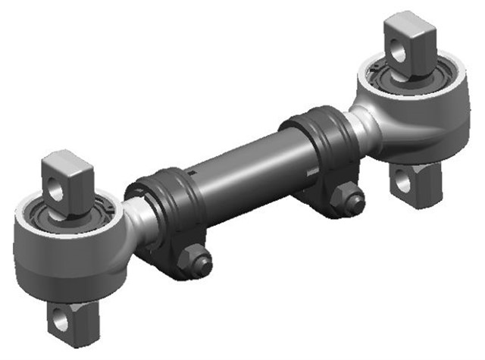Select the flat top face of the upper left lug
66,161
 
